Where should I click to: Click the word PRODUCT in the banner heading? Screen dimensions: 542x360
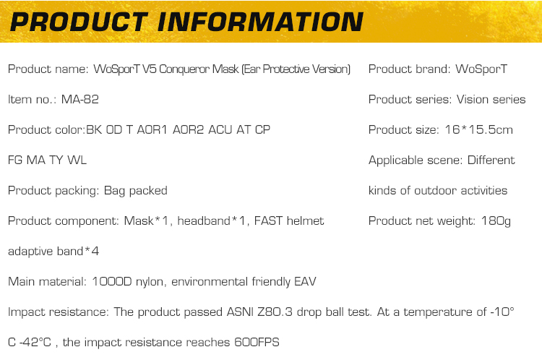(79, 22)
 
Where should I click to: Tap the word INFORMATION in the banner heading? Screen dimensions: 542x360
(260, 22)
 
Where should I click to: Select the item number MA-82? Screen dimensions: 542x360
(80, 100)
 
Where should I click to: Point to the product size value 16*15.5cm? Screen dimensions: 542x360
(478, 129)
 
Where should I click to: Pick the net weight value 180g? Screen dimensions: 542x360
(496, 221)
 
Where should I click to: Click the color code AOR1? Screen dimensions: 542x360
(152, 129)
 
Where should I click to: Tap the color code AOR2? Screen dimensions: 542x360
(188, 129)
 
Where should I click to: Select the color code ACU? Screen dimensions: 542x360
(220, 129)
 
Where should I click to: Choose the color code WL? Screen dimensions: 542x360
(77, 160)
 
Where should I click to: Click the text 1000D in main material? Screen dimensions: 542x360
(112, 281)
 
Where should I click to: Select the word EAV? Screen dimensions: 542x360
(305, 281)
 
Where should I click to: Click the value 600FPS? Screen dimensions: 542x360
(257, 343)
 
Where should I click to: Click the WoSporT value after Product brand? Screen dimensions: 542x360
(481, 69)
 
